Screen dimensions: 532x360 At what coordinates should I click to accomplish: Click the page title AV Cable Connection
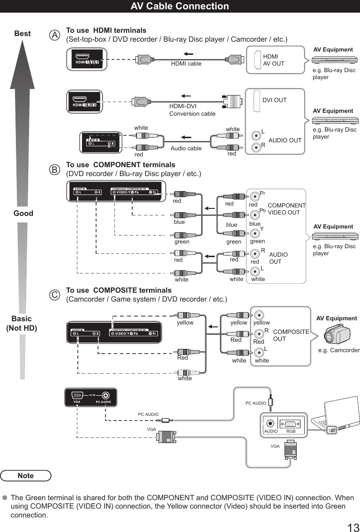click(x=180, y=6)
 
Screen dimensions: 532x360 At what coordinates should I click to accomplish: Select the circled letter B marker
click(x=56, y=170)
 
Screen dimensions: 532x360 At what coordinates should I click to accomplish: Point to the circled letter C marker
click(x=56, y=296)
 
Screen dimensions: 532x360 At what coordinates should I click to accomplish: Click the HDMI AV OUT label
click(x=273, y=60)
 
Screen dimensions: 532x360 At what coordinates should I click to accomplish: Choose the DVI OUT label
click(x=274, y=100)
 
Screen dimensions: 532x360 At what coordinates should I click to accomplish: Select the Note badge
click(x=26, y=475)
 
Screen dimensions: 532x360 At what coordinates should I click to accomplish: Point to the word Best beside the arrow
click(x=22, y=34)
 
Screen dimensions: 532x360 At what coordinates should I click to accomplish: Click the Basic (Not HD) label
click(x=22, y=324)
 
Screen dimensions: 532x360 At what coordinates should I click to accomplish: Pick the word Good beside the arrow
click(x=23, y=214)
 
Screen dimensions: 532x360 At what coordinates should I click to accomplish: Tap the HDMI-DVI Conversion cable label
click(x=192, y=110)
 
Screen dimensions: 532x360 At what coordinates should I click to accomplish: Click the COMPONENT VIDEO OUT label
click(x=286, y=209)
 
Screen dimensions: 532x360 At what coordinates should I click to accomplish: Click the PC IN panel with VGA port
click(x=90, y=398)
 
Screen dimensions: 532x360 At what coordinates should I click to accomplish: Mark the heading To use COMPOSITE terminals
click(x=119, y=290)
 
